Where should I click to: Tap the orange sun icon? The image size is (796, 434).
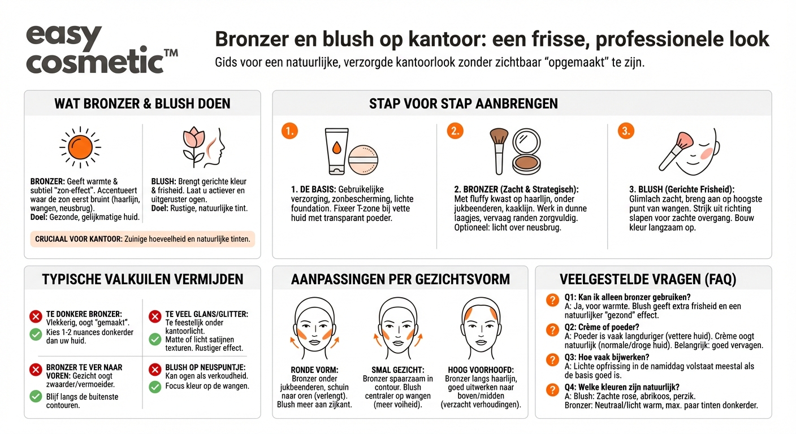(x=80, y=147)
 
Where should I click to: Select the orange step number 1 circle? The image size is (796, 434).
(x=289, y=131)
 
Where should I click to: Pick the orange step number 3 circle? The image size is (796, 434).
(x=625, y=131)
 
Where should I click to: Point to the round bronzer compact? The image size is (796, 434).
(x=527, y=151)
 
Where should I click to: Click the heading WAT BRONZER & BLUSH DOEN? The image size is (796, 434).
(x=142, y=103)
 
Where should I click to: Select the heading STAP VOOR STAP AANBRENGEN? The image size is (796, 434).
(x=463, y=103)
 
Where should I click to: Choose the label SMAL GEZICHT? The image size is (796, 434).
(x=398, y=370)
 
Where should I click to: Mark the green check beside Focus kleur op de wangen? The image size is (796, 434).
(x=155, y=387)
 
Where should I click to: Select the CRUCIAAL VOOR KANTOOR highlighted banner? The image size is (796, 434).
(x=142, y=239)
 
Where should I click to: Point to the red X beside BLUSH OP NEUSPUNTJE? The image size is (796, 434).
(x=155, y=370)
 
